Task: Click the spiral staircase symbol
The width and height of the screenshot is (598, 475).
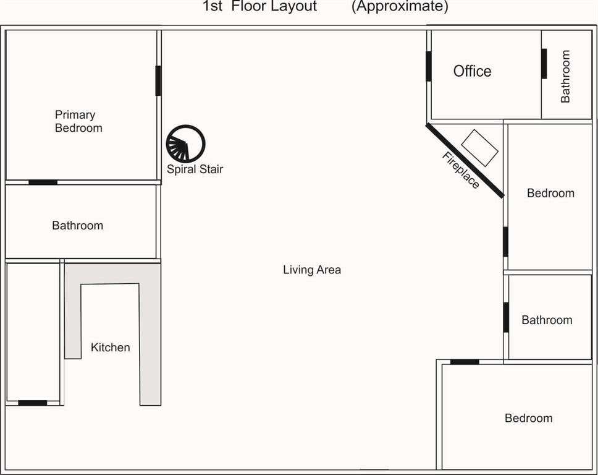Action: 186,144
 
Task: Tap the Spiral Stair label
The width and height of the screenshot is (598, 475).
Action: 195,169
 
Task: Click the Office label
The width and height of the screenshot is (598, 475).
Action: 472,71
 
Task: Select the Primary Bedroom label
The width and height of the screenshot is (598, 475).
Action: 78,121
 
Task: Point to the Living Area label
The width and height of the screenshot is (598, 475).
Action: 312,270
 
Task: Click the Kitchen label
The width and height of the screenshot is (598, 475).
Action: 110,347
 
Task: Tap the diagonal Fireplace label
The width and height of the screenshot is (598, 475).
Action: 461,170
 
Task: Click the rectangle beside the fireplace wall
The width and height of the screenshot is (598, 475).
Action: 479,148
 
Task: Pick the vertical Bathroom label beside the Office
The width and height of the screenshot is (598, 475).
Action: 565,76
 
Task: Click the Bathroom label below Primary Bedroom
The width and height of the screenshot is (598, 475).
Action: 77,225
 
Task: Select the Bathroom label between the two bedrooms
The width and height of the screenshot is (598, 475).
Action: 547,320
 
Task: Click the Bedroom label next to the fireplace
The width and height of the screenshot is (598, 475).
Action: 550,193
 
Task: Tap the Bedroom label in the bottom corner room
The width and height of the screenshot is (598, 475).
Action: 529,417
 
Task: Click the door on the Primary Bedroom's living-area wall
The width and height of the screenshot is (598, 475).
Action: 158,80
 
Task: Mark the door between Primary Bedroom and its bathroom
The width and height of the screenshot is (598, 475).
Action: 43,182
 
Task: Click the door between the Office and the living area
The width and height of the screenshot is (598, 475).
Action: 429,66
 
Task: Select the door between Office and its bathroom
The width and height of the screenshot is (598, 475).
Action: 544,64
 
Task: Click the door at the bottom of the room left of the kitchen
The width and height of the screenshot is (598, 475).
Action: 32,403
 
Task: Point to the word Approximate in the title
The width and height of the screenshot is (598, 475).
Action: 400,6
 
